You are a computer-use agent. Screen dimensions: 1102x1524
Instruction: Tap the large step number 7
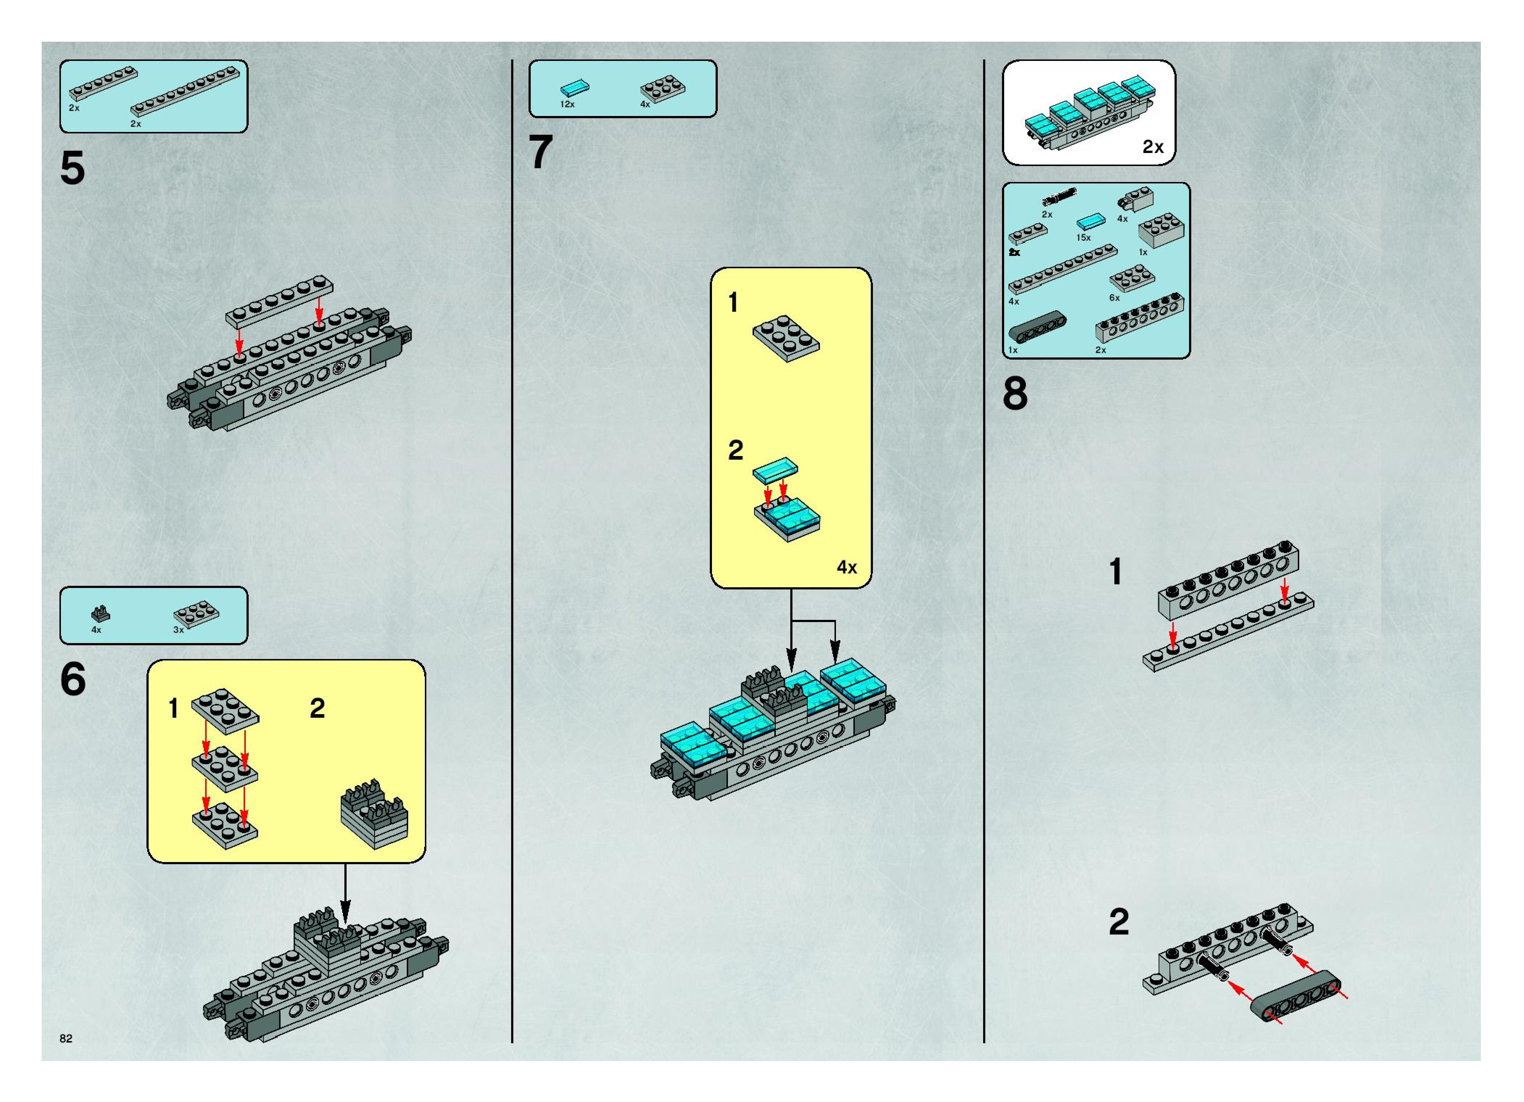tap(541, 153)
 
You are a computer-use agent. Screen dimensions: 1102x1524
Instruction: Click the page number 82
tap(66, 1038)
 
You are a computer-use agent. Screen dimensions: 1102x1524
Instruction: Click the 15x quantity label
tap(1083, 238)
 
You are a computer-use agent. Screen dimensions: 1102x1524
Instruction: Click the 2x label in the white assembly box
tap(1153, 147)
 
